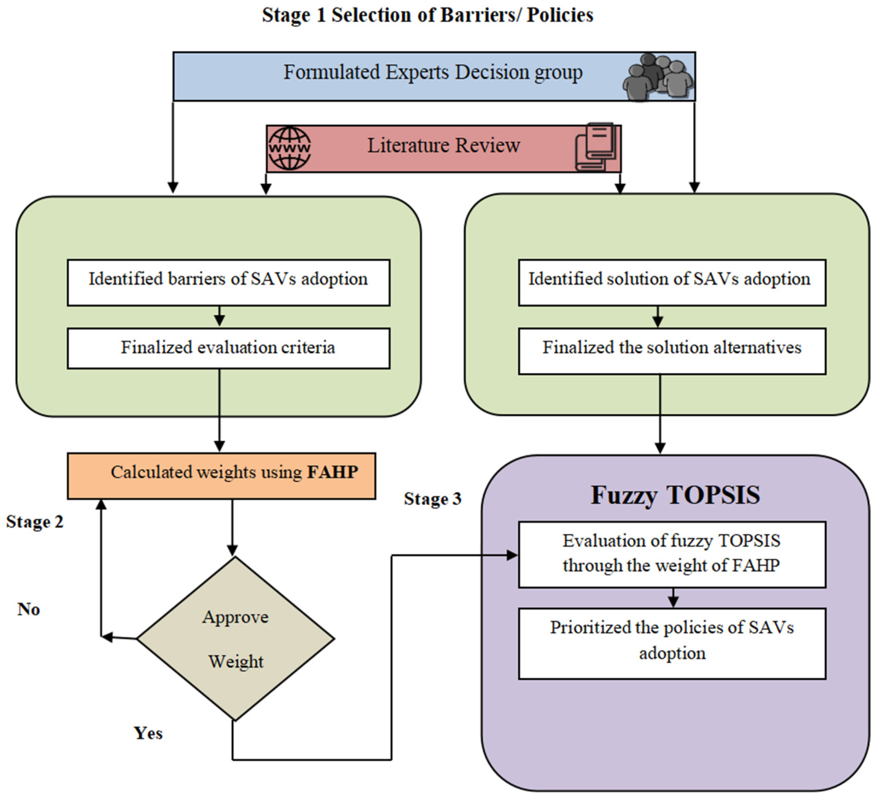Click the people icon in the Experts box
[x=657, y=77]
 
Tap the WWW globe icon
[x=289, y=148]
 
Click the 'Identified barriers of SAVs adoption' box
[x=228, y=282]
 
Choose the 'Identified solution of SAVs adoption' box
[x=671, y=282]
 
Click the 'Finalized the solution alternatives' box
[x=671, y=351]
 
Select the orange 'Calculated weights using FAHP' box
[x=221, y=476]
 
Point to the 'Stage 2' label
[x=35, y=521]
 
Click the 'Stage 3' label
[x=432, y=498]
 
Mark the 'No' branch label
[x=29, y=609]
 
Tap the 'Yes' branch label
[x=148, y=733]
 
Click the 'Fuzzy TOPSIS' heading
[x=675, y=495]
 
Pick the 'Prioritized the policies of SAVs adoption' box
[x=671, y=643]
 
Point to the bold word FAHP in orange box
[x=333, y=472]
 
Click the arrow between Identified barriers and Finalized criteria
[x=219, y=316]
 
